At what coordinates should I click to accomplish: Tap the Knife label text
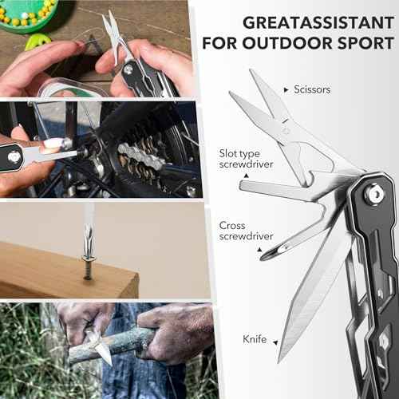coord(255,339)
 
